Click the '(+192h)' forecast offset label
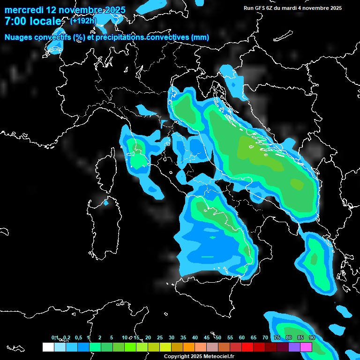[83, 21]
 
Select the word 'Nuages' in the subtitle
[18, 37]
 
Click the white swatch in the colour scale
[48, 347]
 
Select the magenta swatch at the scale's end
[306, 347]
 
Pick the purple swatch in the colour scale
[294, 347]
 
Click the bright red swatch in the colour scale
[247, 347]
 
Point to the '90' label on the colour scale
[312, 338]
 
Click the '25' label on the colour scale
[160, 338]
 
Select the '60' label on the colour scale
[242, 338]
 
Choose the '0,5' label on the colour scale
[78, 338]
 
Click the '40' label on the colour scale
[195, 338]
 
